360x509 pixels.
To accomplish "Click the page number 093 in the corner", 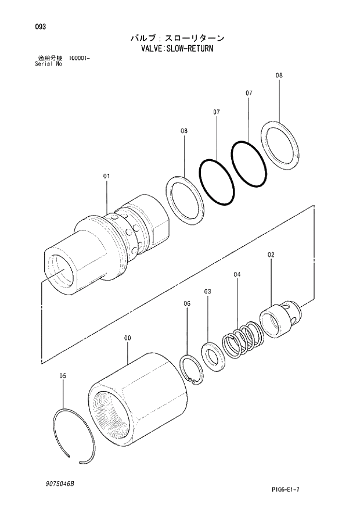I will click(x=40, y=27).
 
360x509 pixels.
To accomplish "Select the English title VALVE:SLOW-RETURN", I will click(x=178, y=49).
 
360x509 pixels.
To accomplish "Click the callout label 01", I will click(x=106, y=175).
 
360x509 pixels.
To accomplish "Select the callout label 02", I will click(x=271, y=254).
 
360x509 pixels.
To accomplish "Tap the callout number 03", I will click(x=207, y=291).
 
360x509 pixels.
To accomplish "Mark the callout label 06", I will click(x=187, y=303).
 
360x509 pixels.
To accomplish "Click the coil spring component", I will click(x=240, y=342).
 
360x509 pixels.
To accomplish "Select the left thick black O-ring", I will click(x=217, y=181).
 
